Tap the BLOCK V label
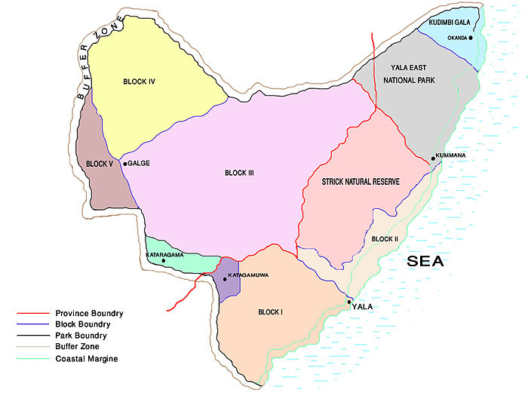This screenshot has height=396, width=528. (99, 164)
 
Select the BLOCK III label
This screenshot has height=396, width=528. (239, 173)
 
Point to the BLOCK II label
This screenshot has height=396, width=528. (384, 239)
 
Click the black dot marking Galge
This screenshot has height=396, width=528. (125, 163)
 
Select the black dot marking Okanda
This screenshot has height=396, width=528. (470, 37)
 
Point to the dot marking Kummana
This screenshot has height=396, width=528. (432, 158)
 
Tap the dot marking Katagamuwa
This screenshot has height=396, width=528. (224, 279)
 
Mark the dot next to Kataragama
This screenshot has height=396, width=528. (163, 261)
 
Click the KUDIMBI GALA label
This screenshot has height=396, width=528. (449, 23)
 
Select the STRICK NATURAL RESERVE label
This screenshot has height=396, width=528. (360, 183)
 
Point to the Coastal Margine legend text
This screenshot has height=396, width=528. (86, 358)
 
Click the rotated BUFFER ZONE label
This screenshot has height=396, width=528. (94, 62)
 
